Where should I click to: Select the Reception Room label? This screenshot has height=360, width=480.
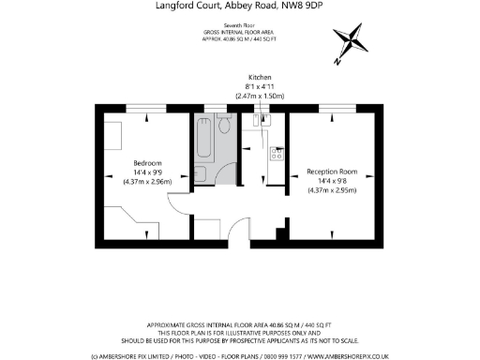333,172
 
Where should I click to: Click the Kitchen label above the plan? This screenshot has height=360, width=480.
260,77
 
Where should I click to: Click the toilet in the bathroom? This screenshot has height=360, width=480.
225,126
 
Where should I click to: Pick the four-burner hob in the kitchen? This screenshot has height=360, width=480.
277,155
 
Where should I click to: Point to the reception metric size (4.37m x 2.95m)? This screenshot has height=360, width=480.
333,191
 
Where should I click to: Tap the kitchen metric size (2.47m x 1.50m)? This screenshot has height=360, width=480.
260,97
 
